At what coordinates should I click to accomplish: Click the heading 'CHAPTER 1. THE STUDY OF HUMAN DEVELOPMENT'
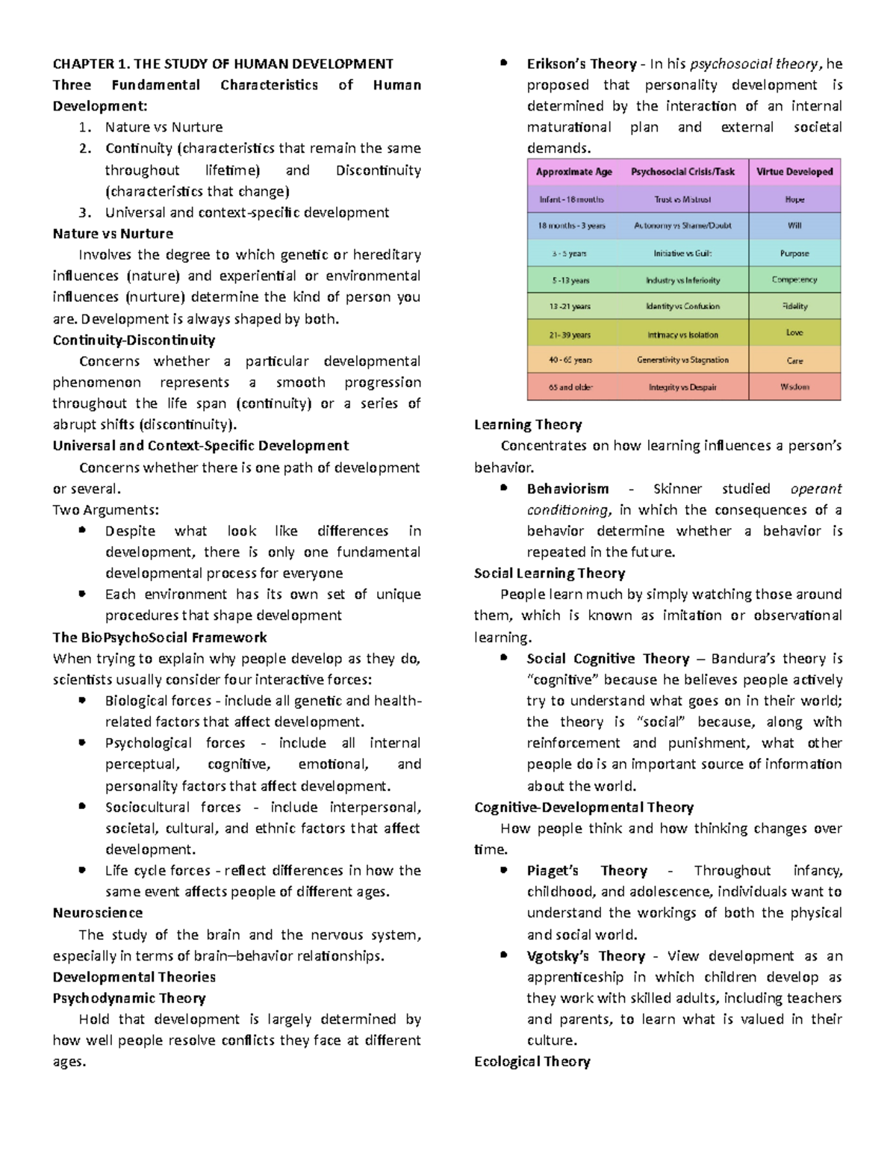tap(223, 63)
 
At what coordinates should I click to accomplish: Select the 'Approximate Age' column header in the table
tap(573, 172)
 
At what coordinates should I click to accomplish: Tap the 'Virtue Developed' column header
tap(794, 172)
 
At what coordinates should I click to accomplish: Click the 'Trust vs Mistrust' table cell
tap(682, 199)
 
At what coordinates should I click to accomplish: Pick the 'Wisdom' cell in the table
tap(794, 387)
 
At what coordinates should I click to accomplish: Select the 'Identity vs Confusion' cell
tap(682, 306)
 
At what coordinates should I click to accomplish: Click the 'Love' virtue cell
tap(794, 333)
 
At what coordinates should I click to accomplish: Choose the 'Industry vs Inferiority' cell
tap(682, 280)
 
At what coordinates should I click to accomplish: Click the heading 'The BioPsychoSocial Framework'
tap(160, 637)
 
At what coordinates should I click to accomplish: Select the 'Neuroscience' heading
tap(97, 913)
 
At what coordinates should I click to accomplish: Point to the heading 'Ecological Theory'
tap(532, 1061)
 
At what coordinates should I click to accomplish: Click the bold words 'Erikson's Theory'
tap(582, 63)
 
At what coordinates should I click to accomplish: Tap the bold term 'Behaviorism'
tap(567, 488)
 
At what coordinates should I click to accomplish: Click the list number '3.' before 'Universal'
tap(86, 212)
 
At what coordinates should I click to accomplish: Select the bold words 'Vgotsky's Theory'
tap(585, 956)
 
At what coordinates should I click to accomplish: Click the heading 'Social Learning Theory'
tap(549, 573)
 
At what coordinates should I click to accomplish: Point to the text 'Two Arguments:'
tap(105, 510)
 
